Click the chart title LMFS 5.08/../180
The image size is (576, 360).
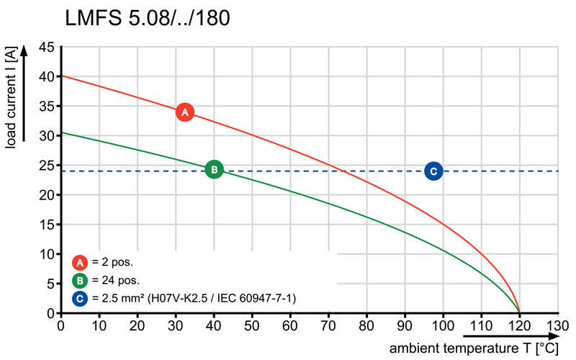[x=148, y=18]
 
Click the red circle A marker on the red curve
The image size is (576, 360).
[x=185, y=112]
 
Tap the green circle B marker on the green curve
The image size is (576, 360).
[x=214, y=169]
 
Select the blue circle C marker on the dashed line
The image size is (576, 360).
[x=433, y=171]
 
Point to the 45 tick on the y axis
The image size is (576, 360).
[x=46, y=48]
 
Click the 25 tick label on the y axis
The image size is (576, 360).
[x=46, y=166]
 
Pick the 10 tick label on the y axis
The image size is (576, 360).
[x=46, y=254]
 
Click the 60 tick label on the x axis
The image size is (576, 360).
[x=290, y=325]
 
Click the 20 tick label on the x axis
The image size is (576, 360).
[x=138, y=325]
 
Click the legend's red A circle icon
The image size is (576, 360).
[x=81, y=262]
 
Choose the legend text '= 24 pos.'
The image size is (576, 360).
[x=115, y=280]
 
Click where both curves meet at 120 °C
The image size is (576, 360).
[x=519, y=312]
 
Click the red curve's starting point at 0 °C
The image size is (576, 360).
[x=61, y=76]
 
